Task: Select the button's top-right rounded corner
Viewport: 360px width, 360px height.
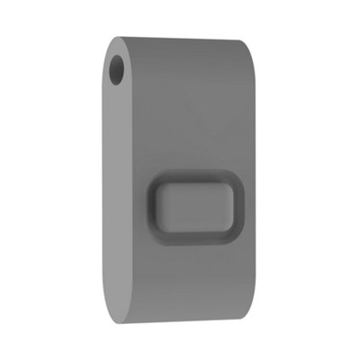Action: (236, 181)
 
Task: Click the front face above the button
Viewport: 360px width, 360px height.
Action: (193, 108)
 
